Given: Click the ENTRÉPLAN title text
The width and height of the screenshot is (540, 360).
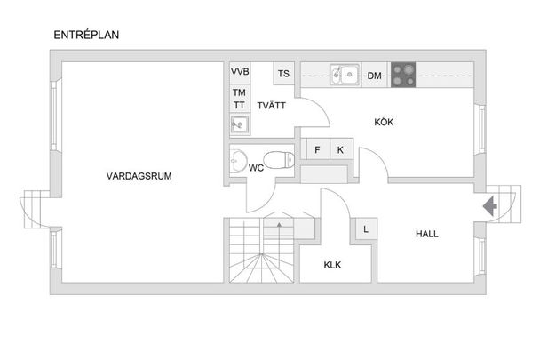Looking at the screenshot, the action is point(86,35).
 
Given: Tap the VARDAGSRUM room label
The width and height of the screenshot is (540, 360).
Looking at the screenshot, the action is point(139,176).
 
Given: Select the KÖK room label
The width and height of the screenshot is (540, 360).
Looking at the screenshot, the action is point(384,122).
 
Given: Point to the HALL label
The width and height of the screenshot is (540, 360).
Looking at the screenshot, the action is point(427,234).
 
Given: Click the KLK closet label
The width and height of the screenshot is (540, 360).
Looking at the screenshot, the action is point(332,265).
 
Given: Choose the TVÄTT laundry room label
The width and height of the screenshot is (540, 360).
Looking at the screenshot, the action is point(272,106).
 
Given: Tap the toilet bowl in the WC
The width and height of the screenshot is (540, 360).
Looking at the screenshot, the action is point(279,160).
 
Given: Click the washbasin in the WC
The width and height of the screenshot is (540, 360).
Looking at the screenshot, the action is point(238,160).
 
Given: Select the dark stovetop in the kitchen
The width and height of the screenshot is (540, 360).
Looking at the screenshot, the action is point(403,75).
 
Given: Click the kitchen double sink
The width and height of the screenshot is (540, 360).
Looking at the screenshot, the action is point(345,74).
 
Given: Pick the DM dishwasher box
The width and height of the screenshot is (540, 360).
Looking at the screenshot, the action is point(375,75).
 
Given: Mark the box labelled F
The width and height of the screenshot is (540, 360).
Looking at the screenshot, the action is point(318,149).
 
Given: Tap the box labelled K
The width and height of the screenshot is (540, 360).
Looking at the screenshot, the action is point(341,149).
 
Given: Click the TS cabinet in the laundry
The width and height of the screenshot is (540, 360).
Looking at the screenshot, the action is point(284,74).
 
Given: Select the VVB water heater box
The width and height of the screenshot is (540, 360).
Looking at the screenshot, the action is point(240,72).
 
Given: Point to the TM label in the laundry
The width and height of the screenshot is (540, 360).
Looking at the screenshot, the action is point(239,92).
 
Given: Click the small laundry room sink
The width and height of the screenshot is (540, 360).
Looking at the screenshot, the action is point(240,124).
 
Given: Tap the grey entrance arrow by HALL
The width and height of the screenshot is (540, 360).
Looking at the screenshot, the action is point(489,206).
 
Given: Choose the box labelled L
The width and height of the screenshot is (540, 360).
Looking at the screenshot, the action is point(366,229).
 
